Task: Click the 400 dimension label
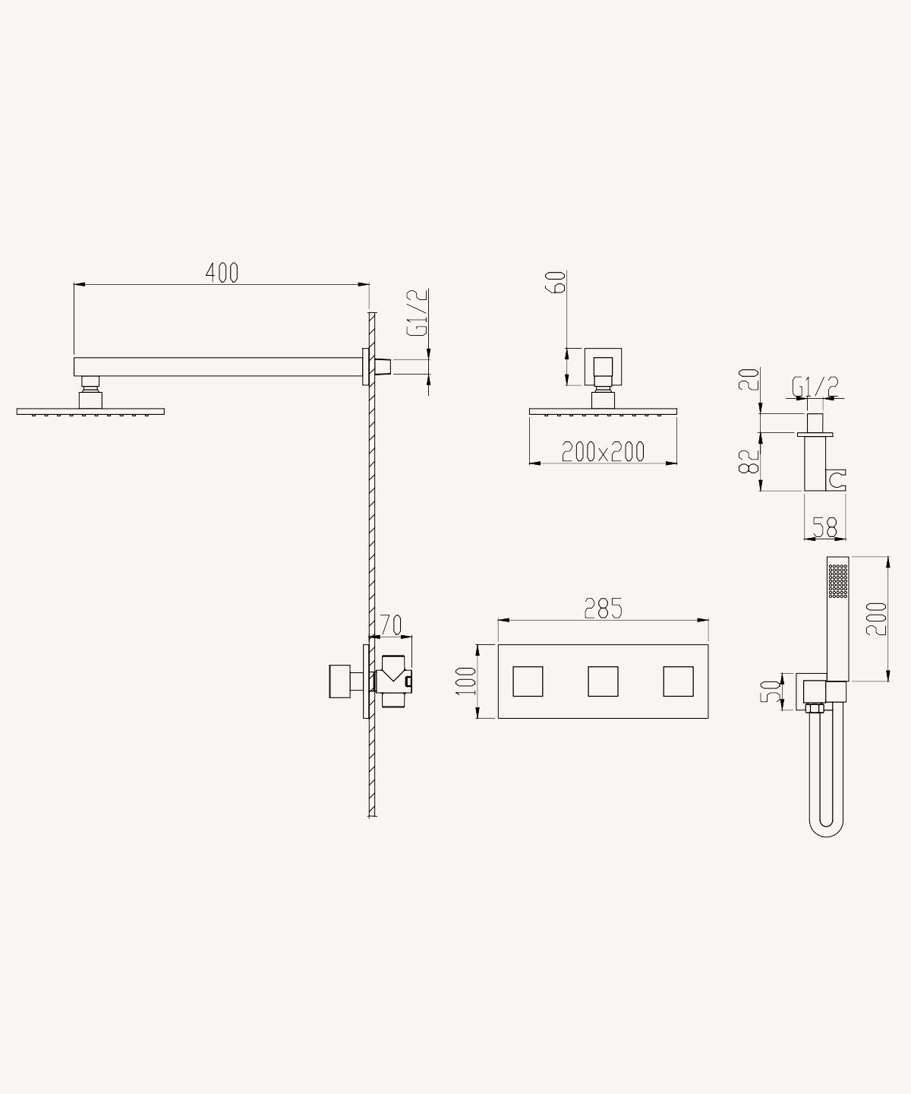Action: (222, 273)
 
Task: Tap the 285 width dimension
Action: (603, 609)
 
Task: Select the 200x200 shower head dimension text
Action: (603, 451)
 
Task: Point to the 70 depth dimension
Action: (390, 625)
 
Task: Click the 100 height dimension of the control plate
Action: (466, 681)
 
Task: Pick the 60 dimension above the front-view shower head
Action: (560, 282)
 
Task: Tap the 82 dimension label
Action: (749, 461)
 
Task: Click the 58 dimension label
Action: (825, 527)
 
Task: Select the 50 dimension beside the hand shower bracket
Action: (770, 691)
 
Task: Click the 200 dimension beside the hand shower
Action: (876, 618)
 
